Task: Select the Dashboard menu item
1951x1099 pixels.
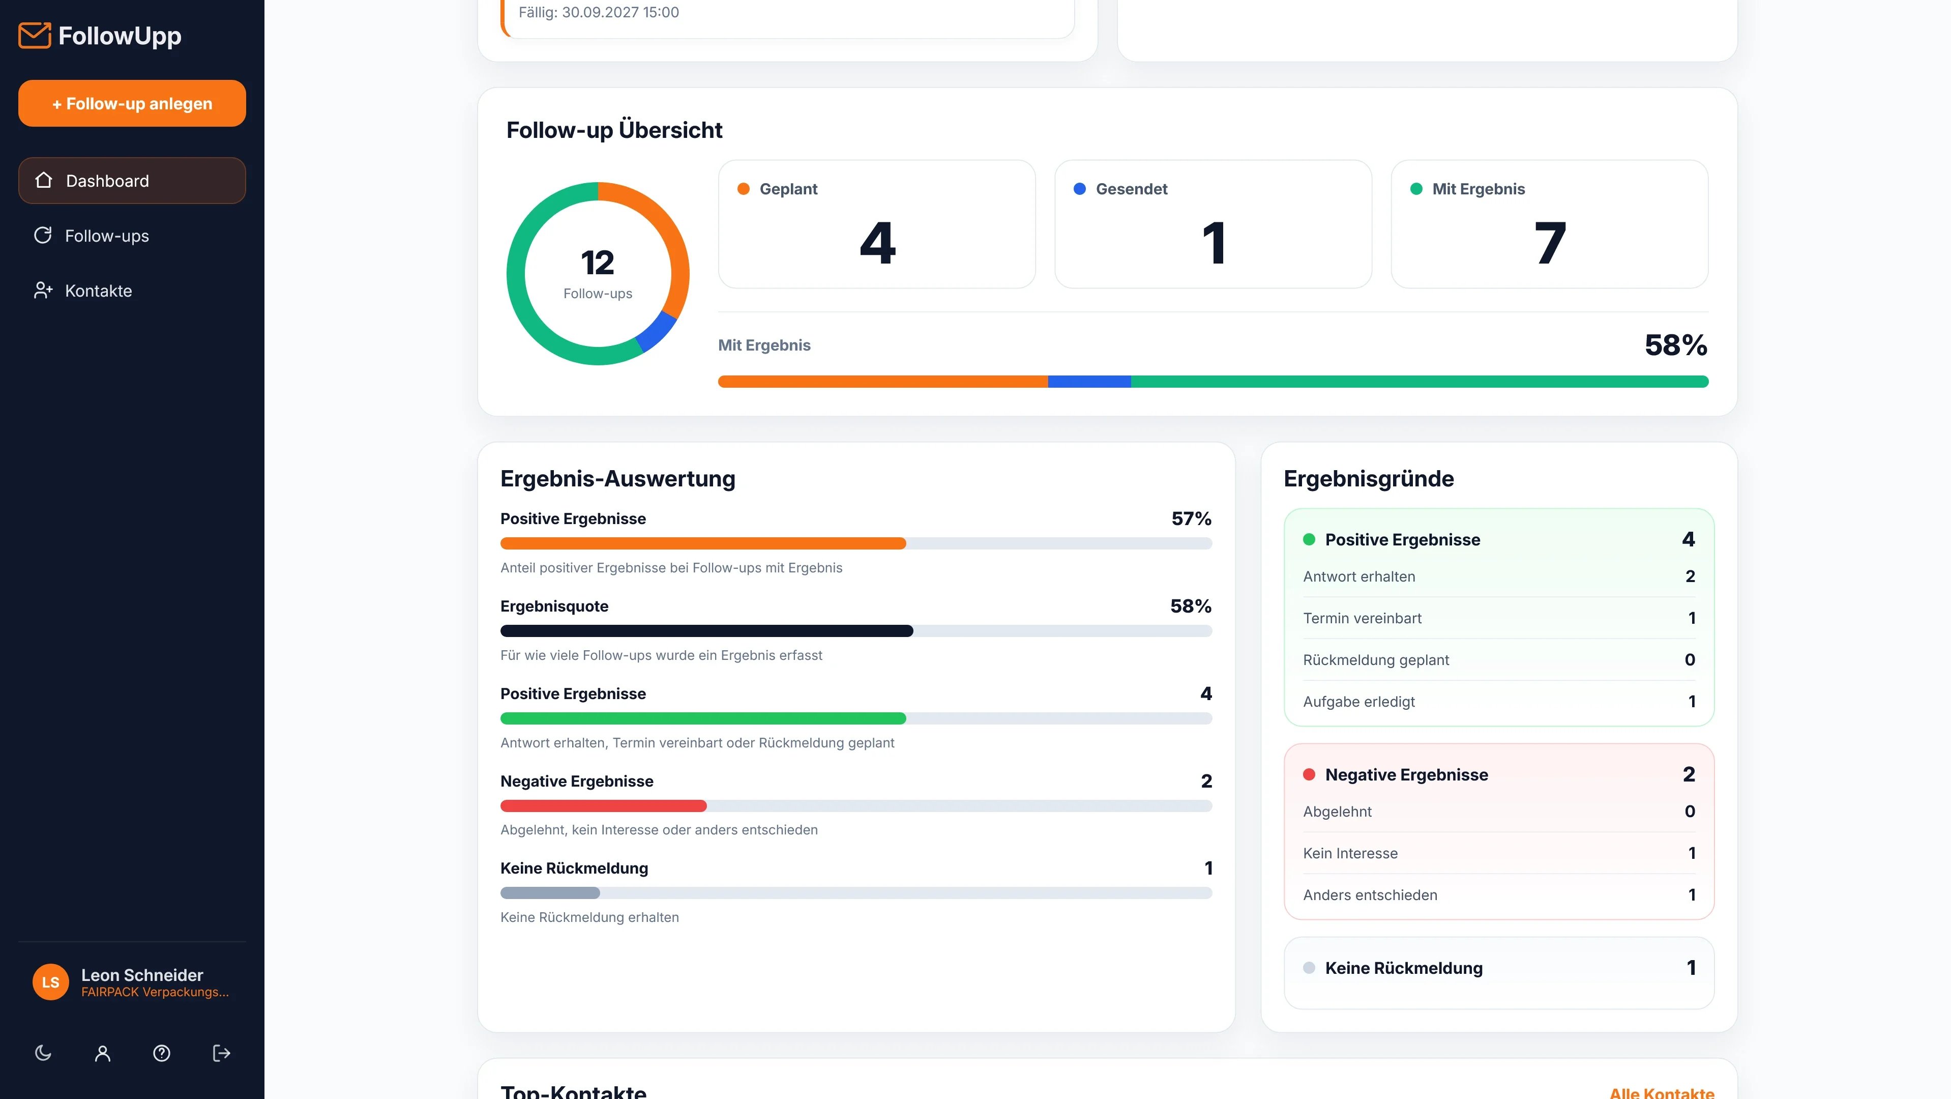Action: pyautogui.click(x=132, y=180)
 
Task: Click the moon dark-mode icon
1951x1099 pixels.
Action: pyautogui.click(x=43, y=1053)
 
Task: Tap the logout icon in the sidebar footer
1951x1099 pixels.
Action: pyautogui.click(x=221, y=1053)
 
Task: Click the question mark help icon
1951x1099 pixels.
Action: pyautogui.click(x=161, y=1053)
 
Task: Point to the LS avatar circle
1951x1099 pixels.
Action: pyautogui.click(x=51, y=982)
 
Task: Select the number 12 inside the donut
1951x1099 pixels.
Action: pyautogui.click(x=598, y=263)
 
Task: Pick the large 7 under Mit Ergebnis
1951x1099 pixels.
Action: pyautogui.click(x=1550, y=243)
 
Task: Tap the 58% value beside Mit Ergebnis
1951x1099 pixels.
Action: pyautogui.click(x=1676, y=345)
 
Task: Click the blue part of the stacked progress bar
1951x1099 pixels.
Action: pyautogui.click(x=1089, y=382)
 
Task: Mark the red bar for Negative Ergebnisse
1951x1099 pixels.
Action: pyautogui.click(x=604, y=806)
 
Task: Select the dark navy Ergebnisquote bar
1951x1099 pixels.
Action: pyautogui.click(x=706, y=631)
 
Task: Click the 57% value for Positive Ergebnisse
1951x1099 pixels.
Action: pyautogui.click(x=1191, y=519)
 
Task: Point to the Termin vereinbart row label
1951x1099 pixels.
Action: pyautogui.click(x=1362, y=618)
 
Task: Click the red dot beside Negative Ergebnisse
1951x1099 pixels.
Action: pyautogui.click(x=1309, y=774)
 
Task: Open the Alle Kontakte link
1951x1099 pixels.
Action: pyautogui.click(x=1662, y=1092)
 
